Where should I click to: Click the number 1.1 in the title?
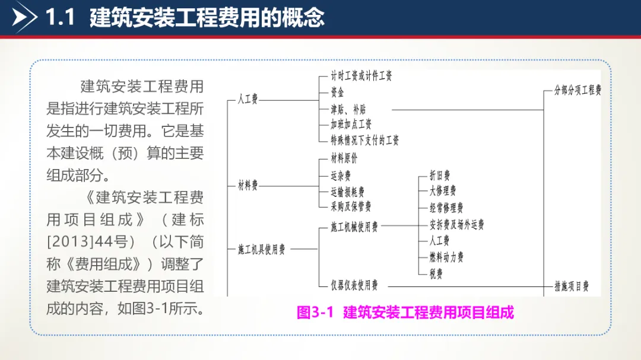coord(61,18)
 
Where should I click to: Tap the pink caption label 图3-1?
coord(316,313)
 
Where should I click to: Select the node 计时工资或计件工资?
coord(361,76)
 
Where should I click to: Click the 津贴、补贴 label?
coord(348,109)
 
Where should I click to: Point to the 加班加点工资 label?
coord(351,125)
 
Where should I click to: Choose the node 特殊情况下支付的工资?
coord(364,140)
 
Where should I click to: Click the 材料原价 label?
coord(344,159)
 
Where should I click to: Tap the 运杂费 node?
coord(341,176)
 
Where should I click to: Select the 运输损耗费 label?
coord(348,192)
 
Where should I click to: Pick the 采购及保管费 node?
coord(351,206)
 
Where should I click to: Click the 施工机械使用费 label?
coord(354,227)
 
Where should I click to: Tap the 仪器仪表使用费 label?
coord(354,285)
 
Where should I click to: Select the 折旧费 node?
coord(439,176)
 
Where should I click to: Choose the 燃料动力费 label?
coord(446,257)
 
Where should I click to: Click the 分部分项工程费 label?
coord(577,91)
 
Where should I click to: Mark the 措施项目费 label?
coord(571,286)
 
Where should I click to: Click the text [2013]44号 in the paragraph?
coord(80,242)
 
